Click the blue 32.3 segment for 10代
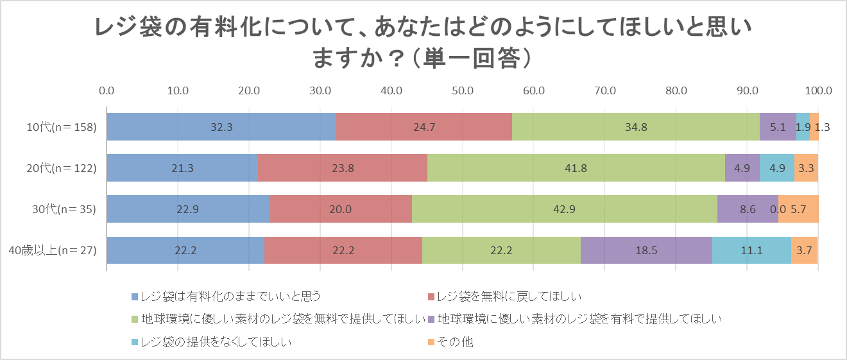[221, 127]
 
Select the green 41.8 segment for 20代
[576, 168]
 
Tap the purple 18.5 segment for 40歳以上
[646, 250]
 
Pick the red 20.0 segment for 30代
[340, 209]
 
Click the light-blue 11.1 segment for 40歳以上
[751, 250]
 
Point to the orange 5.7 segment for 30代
[798, 209]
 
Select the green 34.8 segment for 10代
[635, 127]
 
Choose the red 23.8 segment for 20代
[342, 168]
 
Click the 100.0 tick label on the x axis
[817, 90]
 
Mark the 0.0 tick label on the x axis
[107, 90]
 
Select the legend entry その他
[454, 342]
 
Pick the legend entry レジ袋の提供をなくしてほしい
[216, 342]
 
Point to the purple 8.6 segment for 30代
[748, 209]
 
